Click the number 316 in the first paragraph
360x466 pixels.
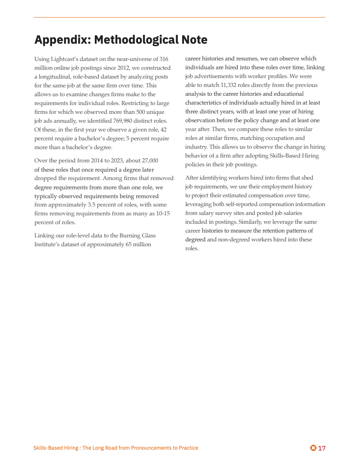164,59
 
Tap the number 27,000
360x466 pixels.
148,161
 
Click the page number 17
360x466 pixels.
322,448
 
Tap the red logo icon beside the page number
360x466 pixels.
313,448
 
